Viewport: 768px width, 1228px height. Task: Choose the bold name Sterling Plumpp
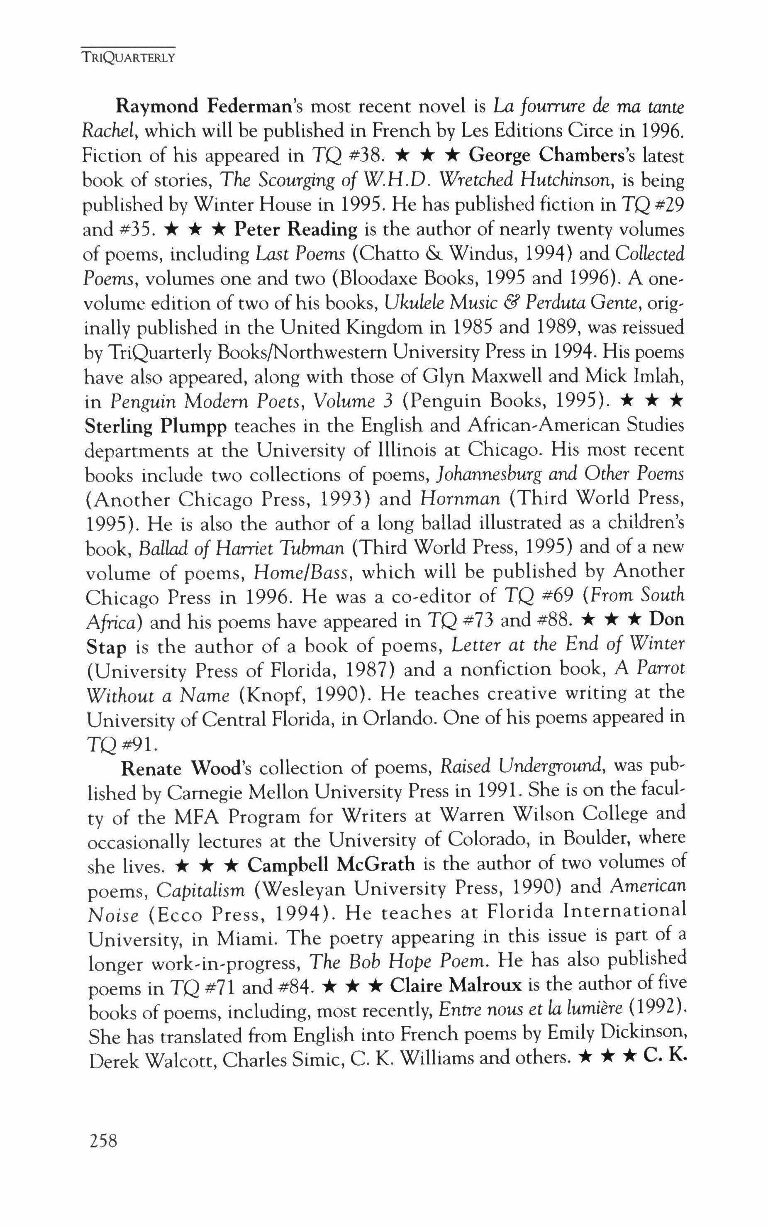156,427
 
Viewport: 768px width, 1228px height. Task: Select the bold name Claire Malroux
456,986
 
